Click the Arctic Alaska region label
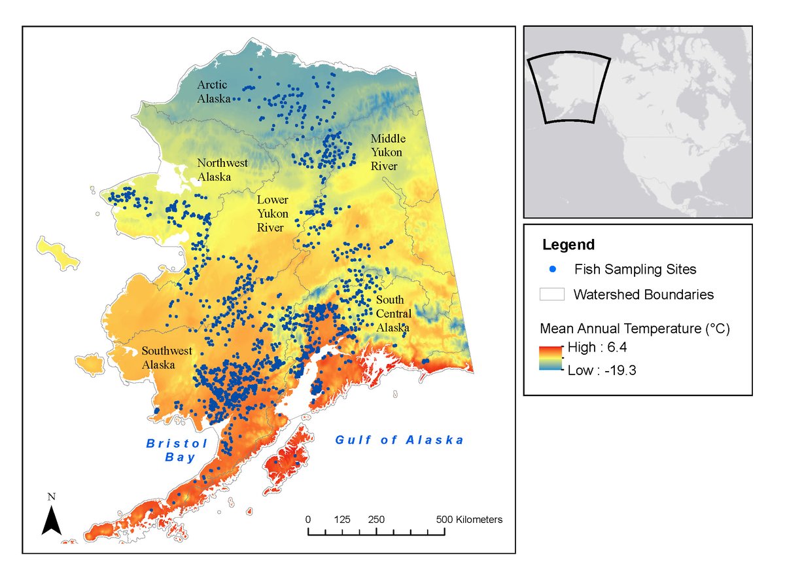[x=214, y=92]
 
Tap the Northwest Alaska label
[x=223, y=170]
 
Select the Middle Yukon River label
[x=388, y=152]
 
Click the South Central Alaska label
[x=393, y=314]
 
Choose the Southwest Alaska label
[x=167, y=357]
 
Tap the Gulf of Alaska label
[x=400, y=440]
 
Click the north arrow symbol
[x=52, y=517]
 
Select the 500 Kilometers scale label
[x=470, y=520]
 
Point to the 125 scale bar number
[x=342, y=520]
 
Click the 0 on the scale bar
[x=308, y=520]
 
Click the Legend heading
[x=568, y=245]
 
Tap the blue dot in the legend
[x=553, y=269]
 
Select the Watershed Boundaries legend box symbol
[x=552, y=295]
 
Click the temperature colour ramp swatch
[x=551, y=358]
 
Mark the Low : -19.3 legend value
[x=601, y=370]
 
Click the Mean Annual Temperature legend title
[x=635, y=327]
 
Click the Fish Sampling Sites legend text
[x=635, y=269]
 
